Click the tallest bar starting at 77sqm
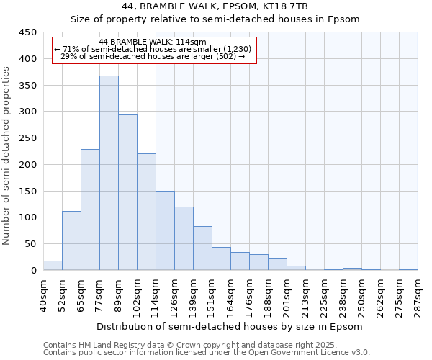[x=109, y=173]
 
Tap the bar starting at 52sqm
[x=71, y=240]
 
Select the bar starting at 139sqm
[x=202, y=248]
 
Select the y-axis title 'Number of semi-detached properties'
[x=7, y=155]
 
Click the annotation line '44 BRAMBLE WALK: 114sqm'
[x=153, y=42]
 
